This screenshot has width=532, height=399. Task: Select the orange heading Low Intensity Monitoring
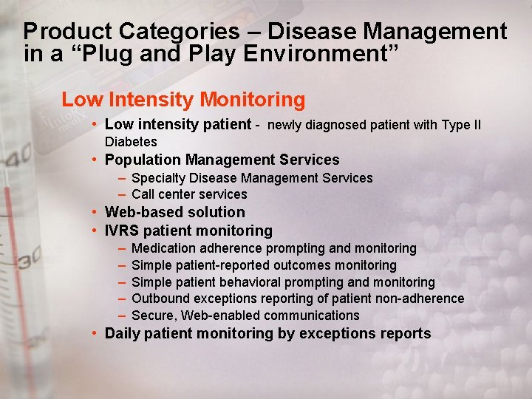point(183,99)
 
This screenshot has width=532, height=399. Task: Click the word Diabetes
point(131,141)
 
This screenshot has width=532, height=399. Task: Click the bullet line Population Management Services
point(222,160)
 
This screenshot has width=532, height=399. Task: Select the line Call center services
point(189,194)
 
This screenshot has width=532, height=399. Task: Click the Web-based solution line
point(174,213)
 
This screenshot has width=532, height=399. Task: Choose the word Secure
point(153,316)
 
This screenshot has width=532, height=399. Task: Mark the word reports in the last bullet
point(406,333)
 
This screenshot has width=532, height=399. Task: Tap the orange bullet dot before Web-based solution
point(95,213)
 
